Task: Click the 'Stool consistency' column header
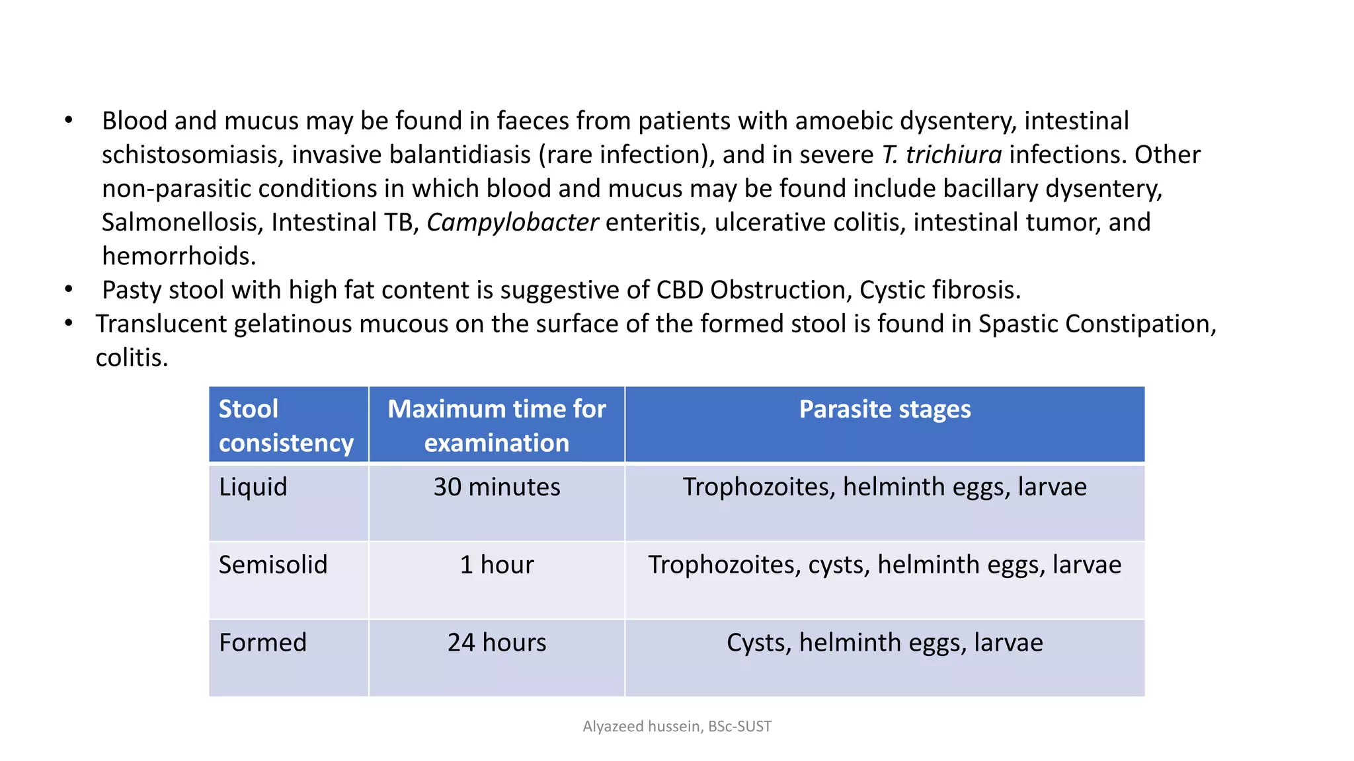[286, 425]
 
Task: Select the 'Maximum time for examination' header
[497, 425]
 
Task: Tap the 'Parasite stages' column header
[885, 410]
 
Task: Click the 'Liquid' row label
[253, 487]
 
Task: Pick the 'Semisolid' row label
[273, 565]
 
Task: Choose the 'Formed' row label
[262, 643]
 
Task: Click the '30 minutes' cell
[497, 487]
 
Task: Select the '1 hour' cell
[497, 565]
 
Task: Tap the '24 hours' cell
[497, 643]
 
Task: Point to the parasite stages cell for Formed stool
[885, 643]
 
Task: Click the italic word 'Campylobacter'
[512, 223]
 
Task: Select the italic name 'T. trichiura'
[941, 155]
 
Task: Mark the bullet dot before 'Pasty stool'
[69, 289]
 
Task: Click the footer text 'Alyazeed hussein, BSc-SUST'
[677, 727]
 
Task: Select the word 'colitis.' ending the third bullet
[132, 358]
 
